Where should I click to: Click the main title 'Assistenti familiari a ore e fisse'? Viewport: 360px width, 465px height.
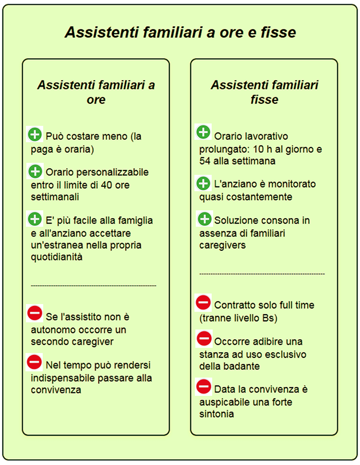(180, 33)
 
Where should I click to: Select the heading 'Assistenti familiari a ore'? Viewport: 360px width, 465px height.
(96, 93)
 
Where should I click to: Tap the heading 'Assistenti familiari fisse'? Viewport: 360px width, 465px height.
(264, 93)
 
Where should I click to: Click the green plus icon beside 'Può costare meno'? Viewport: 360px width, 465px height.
(35, 135)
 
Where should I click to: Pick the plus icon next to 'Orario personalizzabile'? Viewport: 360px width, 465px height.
(35, 171)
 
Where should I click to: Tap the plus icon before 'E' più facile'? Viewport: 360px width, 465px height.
(35, 220)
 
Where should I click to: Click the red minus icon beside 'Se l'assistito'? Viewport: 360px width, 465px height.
(35, 313)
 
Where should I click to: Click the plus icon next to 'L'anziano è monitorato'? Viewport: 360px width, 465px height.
(204, 183)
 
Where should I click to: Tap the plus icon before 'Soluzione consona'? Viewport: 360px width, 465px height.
(204, 219)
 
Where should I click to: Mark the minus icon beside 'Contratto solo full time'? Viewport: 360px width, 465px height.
(204, 303)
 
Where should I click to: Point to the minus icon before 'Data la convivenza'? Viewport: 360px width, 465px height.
(204, 386)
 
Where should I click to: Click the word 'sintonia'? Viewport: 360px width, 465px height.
(216, 414)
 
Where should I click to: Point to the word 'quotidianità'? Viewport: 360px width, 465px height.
(57, 257)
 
